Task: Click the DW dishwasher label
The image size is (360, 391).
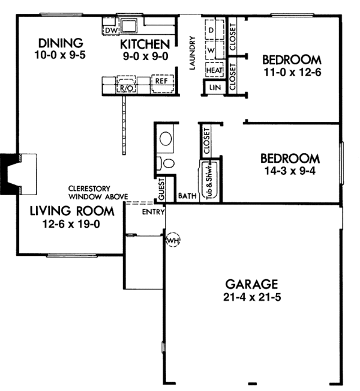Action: pyautogui.click(x=111, y=30)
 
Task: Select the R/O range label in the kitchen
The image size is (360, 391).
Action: pyautogui.click(x=126, y=87)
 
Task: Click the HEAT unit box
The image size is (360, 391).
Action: pyautogui.click(x=214, y=70)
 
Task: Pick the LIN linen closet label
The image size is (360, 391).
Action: pyautogui.click(x=214, y=88)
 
